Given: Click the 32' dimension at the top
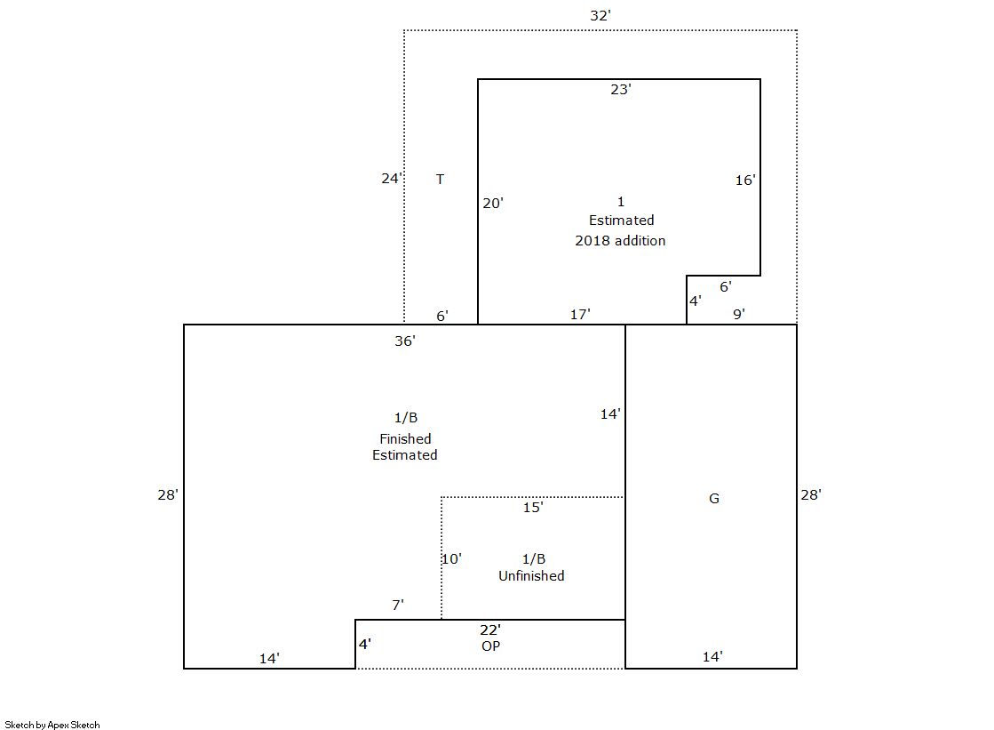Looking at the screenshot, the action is click(600, 16).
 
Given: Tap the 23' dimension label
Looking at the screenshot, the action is click(621, 90).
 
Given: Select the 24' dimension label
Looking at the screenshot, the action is click(392, 179).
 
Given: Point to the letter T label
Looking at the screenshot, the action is click(440, 179).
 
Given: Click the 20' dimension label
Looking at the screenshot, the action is click(493, 203).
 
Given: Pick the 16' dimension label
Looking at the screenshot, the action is click(745, 180).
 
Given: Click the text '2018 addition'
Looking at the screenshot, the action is click(620, 241).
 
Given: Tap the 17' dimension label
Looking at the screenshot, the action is click(580, 314).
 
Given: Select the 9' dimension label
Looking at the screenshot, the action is click(738, 314).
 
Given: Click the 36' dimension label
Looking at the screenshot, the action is click(404, 341).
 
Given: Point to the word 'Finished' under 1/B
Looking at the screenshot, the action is click(405, 438).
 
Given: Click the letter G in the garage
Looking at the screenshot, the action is click(714, 498).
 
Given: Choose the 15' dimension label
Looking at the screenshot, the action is click(532, 507).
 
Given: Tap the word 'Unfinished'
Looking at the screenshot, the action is click(531, 576).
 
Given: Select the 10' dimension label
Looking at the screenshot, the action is click(451, 558).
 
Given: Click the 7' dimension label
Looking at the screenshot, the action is click(397, 605).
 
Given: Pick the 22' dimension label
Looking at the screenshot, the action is click(490, 630).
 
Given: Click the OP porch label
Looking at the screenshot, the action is click(490, 646).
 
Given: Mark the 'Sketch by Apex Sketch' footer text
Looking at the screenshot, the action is click(52, 725).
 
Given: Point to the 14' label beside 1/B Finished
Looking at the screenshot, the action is click(610, 413).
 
